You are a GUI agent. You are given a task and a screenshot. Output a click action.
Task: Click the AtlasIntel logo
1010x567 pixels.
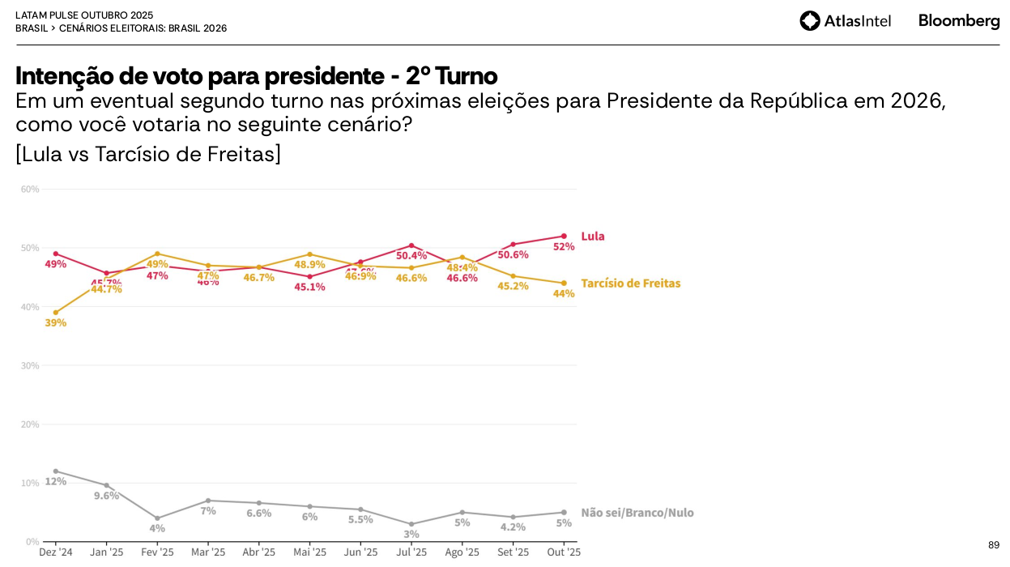[845, 21]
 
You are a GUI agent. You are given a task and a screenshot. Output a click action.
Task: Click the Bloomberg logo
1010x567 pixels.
[959, 21]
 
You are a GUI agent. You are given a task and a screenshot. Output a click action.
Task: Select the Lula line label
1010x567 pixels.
[593, 237]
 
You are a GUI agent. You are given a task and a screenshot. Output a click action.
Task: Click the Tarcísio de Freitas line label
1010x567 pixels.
[630, 283]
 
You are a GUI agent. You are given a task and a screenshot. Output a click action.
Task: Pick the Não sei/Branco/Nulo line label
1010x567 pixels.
[637, 513]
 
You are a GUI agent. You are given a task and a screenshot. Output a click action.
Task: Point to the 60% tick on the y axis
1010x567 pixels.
[30, 190]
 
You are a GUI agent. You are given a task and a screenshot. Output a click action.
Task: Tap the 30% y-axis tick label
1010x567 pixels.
[30, 365]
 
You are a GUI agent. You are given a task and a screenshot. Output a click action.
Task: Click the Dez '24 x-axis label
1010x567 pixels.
[56, 552]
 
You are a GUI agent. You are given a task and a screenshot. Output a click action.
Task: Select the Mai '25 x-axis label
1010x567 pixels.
[309, 552]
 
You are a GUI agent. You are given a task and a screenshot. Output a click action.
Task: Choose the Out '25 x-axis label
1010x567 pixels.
[564, 552]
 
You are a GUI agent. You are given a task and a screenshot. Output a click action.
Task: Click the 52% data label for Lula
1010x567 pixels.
[564, 247]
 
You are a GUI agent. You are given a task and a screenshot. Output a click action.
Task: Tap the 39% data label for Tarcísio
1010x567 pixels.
[56, 323]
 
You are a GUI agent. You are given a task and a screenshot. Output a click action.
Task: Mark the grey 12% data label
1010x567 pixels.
[56, 481]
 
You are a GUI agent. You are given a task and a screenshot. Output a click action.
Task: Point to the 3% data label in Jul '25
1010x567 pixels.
[411, 535]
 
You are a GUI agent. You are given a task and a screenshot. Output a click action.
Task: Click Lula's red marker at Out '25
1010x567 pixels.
[564, 237]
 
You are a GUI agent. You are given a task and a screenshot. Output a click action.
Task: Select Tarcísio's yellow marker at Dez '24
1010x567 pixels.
[56, 313]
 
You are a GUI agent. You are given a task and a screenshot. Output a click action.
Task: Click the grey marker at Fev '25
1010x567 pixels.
[157, 518]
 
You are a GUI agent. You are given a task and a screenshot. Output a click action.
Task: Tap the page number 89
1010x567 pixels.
[994, 545]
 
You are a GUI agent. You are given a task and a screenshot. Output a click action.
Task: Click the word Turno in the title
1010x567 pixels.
[466, 76]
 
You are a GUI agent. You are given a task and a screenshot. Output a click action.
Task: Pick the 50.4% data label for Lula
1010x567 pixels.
[411, 256]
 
